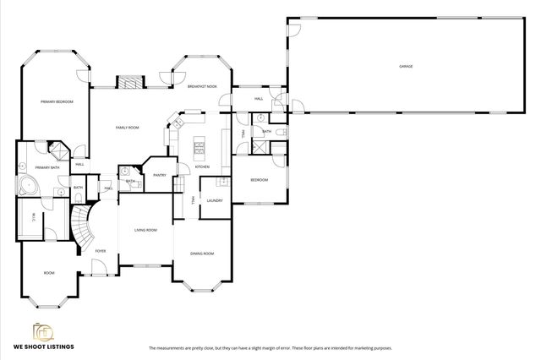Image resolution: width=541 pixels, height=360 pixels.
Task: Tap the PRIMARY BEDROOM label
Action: click(57, 101)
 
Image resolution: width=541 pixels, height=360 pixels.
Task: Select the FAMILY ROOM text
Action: click(128, 127)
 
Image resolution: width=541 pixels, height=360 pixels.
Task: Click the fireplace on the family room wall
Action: click(128, 83)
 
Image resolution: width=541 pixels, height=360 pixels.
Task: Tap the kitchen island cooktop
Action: click(201, 151)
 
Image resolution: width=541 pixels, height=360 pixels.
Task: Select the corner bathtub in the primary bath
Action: click(27, 188)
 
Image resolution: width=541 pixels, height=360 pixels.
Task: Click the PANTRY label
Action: click(160, 175)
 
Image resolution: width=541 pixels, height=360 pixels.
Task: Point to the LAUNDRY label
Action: click(214, 200)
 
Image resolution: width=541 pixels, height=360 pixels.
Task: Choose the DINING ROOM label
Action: click(201, 254)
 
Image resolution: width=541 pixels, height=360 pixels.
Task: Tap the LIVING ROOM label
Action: click(146, 230)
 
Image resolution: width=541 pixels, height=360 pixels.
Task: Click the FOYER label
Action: click(101, 251)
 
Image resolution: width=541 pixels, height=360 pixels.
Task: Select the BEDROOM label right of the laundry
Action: click(259, 180)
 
